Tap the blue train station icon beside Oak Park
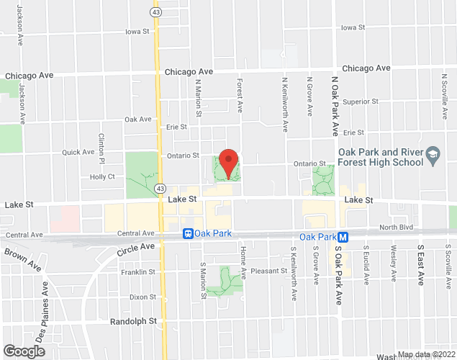[188, 233]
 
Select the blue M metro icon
[343, 237]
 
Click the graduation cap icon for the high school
[433, 154]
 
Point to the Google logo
[24, 351]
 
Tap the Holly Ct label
[102, 177]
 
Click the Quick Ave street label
[78, 153]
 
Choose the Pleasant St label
[270, 271]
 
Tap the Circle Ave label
[137, 247]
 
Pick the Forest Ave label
[240, 96]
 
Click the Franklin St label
[138, 272]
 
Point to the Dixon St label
[142, 297]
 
